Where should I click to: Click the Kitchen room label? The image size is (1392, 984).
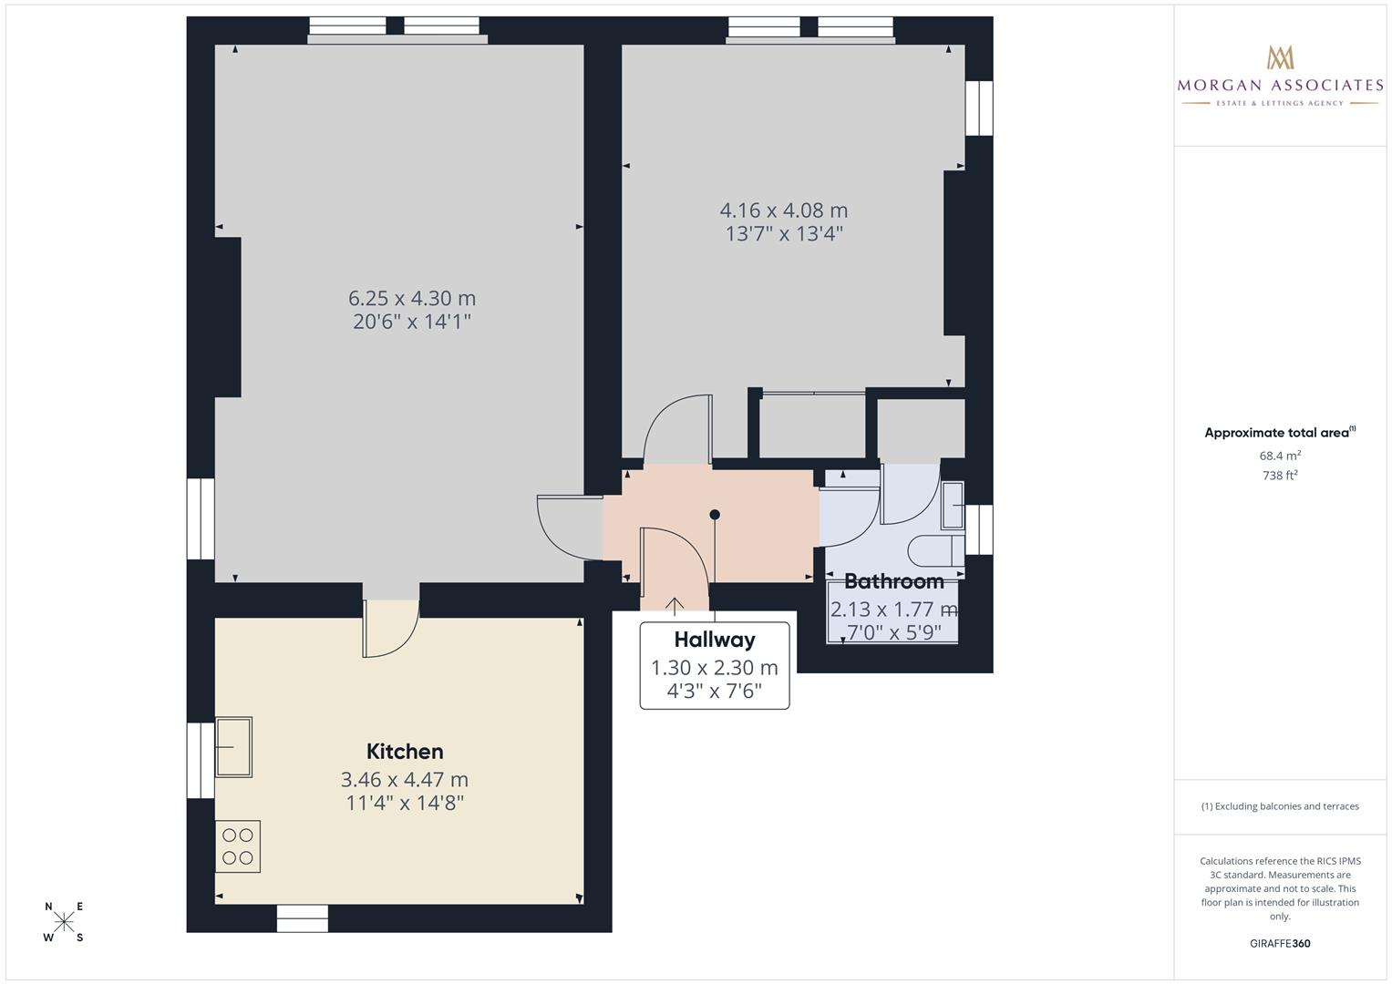coord(405,752)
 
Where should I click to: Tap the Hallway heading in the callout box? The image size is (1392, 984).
coord(715,640)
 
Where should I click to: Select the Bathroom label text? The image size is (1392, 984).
coord(894,581)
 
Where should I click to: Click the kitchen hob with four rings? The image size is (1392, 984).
coord(237,846)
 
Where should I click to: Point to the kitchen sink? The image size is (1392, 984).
coord(233,747)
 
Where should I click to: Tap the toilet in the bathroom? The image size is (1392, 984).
coord(936,550)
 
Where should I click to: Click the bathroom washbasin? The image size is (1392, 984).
coord(953,505)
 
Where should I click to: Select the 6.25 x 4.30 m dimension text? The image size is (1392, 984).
coord(412,298)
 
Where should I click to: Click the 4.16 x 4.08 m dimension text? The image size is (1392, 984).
coord(784,210)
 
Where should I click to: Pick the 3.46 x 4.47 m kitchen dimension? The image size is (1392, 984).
coord(405,780)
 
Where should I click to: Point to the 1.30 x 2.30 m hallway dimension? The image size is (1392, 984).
coord(715,668)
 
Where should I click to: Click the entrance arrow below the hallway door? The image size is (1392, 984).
coord(675,606)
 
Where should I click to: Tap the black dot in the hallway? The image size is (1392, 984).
coord(715,515)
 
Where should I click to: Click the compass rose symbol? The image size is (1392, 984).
coord(64,921)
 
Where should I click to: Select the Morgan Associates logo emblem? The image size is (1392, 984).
coord(1280,57)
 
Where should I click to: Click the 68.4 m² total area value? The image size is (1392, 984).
coord(1280,456)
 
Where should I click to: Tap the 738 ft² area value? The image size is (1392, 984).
coord(1280,476)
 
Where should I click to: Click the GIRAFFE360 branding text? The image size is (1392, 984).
coord(1280,944)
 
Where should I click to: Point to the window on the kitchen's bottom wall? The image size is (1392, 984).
coord(303,918)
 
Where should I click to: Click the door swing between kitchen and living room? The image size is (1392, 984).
coord(390,629)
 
